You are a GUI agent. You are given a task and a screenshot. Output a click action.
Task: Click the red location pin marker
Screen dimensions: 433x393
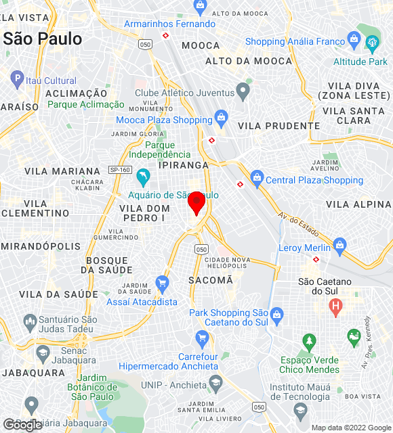pos(196,202)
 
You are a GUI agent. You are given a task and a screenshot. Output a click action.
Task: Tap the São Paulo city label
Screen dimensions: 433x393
pos(43,39)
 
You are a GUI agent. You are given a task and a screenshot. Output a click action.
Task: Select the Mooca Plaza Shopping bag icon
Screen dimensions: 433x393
pos(221,120)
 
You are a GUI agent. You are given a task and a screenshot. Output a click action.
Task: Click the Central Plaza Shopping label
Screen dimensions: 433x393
pos(314,180)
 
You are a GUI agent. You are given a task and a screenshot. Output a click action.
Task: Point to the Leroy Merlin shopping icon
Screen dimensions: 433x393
pos(340,244)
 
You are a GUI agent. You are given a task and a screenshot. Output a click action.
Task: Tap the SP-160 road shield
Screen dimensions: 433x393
pos(119,170)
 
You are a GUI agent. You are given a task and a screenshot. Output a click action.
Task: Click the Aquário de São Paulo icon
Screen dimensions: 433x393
pos(143,179)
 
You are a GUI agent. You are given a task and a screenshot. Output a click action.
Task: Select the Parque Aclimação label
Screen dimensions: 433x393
pos(86,104)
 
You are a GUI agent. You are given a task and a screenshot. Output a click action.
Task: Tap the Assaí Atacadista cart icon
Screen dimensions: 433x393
pos(162,283)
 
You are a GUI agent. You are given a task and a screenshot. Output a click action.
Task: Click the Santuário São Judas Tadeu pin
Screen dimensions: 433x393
pos(29,321)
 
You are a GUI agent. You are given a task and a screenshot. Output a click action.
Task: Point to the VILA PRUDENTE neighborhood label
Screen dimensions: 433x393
pos(279,126)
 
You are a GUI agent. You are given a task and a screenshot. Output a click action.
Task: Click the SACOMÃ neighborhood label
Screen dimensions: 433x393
pos(211,279)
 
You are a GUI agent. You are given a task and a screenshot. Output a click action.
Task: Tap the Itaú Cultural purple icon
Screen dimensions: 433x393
pos(18,80)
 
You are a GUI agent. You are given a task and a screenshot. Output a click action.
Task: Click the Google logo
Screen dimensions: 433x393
pos(22,424)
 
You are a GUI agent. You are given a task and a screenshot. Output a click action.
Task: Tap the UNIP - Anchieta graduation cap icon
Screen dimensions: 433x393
pos(215,384)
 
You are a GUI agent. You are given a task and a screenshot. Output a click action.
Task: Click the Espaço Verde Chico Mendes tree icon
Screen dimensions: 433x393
pos(310,340)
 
